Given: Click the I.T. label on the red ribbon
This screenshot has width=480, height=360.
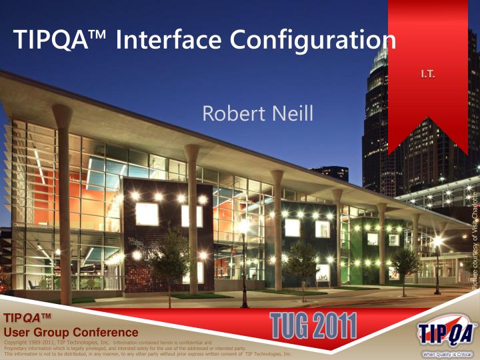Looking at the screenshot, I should coord(427,73).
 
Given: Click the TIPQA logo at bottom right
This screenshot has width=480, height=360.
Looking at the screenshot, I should coord(445,332).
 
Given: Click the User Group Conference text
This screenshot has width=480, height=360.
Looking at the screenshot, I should coord(71,332).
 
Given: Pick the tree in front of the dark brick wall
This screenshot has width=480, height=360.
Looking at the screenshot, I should coord(171,257).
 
